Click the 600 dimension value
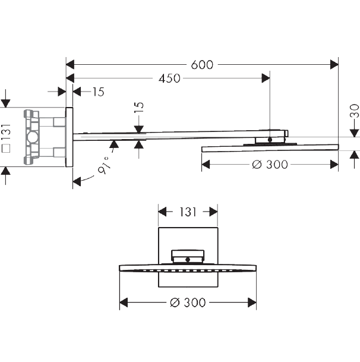point(202,65)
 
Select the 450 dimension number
point(169,78)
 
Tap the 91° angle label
point(103,165)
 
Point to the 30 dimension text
point(355,111)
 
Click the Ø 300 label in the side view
point(270,165)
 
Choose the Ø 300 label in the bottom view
point(188,303)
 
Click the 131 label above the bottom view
point(188,212)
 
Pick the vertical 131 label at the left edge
point(6,131)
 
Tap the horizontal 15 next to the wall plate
point(99,92)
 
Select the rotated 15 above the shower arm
point(139,107)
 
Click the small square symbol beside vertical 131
point(6,148)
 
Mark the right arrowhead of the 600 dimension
point(334,64)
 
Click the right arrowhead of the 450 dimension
point(266,78)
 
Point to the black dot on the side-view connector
point(270,140)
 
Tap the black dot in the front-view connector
point(188,260)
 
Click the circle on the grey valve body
point(32,137)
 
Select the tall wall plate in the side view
point(70,137)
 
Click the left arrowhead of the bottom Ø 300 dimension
point(124,303)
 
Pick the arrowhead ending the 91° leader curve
point(77,181)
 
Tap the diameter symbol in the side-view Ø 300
point(257,165)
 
